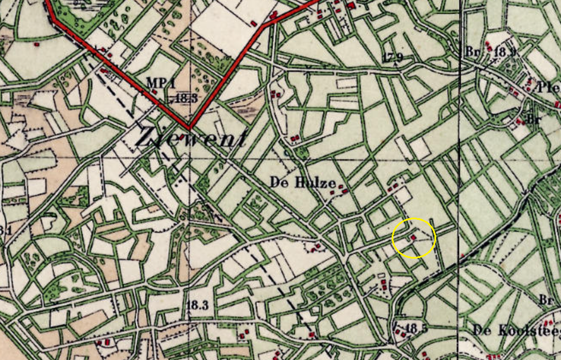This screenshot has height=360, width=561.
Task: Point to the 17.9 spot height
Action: (393, 57)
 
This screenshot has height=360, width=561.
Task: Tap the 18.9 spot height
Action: (505, 52)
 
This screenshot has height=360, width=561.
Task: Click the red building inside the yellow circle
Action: (413, 237)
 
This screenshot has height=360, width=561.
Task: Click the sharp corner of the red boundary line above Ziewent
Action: (189, 128)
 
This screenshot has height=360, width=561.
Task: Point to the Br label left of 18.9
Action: (471, 50)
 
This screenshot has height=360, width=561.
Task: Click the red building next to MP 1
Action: (154, 91)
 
